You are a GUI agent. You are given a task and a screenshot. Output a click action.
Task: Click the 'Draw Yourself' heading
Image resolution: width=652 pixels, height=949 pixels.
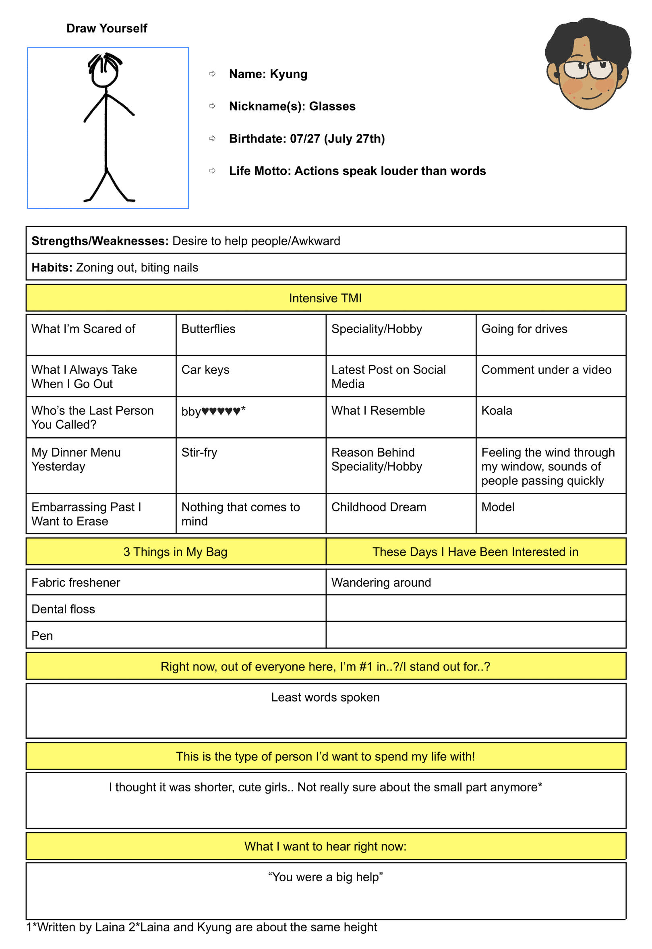[x=107, y=28]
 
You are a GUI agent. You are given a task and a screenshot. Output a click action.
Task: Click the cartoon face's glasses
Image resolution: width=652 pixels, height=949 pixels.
[x=588, y=69]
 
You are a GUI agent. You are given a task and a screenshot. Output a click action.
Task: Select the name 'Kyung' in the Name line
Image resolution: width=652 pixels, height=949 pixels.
[x=288, y=74]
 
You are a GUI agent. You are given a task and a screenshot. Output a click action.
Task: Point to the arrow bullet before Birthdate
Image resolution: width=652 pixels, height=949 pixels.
[x=212, y=139]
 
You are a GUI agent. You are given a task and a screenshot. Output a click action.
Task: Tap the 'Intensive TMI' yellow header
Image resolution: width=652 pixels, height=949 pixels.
[x=325, y=298]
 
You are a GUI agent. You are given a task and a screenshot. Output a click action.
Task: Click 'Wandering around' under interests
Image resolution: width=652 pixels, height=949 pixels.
[x=381, y=582]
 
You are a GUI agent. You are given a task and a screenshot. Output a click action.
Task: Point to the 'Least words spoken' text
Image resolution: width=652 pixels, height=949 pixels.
[x=325, y=697]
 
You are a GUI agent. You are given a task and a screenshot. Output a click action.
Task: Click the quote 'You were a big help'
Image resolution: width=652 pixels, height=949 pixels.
[x=325, y=877]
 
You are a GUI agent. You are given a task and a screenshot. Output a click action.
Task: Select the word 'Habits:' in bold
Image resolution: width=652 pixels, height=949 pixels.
[x=52, y=267]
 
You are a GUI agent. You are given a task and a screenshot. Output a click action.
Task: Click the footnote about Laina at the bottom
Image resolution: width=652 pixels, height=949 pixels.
[x=202, y=927]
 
